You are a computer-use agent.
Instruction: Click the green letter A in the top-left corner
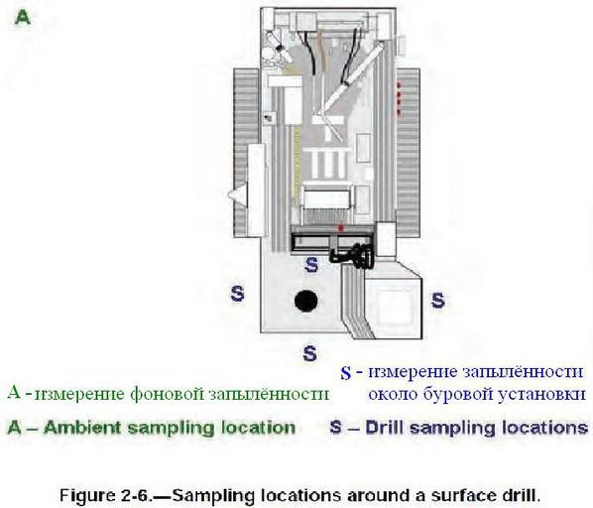(x=23, y=18)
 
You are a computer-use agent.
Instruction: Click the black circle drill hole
(x=306, y=301)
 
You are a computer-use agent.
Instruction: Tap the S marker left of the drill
(x=237, y=293)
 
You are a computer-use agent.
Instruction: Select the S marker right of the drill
(x=438, y=301)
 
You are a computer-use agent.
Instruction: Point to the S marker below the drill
(x=309, y=353)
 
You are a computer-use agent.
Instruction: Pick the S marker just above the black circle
(x=311, y=264)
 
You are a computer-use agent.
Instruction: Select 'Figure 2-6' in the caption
(x=105, y=495)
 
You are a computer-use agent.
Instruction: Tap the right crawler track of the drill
(x=409, y=153)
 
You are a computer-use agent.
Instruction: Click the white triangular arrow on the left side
(x=238, y=194)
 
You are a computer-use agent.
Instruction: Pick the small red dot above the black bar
(x=341, y=228)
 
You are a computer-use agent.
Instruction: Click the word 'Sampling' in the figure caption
(x=214, y=495)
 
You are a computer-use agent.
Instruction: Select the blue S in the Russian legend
(x=346, y=373)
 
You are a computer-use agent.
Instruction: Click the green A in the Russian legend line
(x=14, y=392)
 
